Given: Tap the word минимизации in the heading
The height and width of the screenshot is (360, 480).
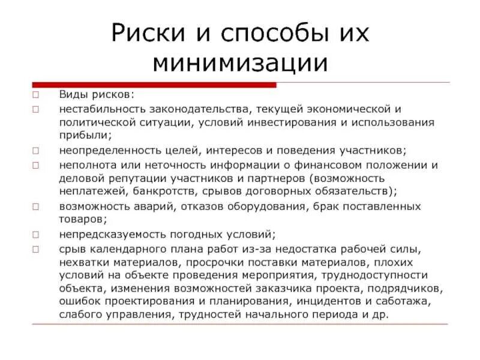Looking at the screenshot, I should coord(240,62).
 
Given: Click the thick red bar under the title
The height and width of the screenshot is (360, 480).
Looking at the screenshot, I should coord(154,85).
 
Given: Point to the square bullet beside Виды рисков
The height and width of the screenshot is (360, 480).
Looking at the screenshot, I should coord(36,95).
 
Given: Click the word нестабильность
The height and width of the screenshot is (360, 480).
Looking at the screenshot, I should coord(97,109).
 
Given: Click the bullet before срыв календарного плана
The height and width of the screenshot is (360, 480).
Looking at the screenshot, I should coord(36,248).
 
